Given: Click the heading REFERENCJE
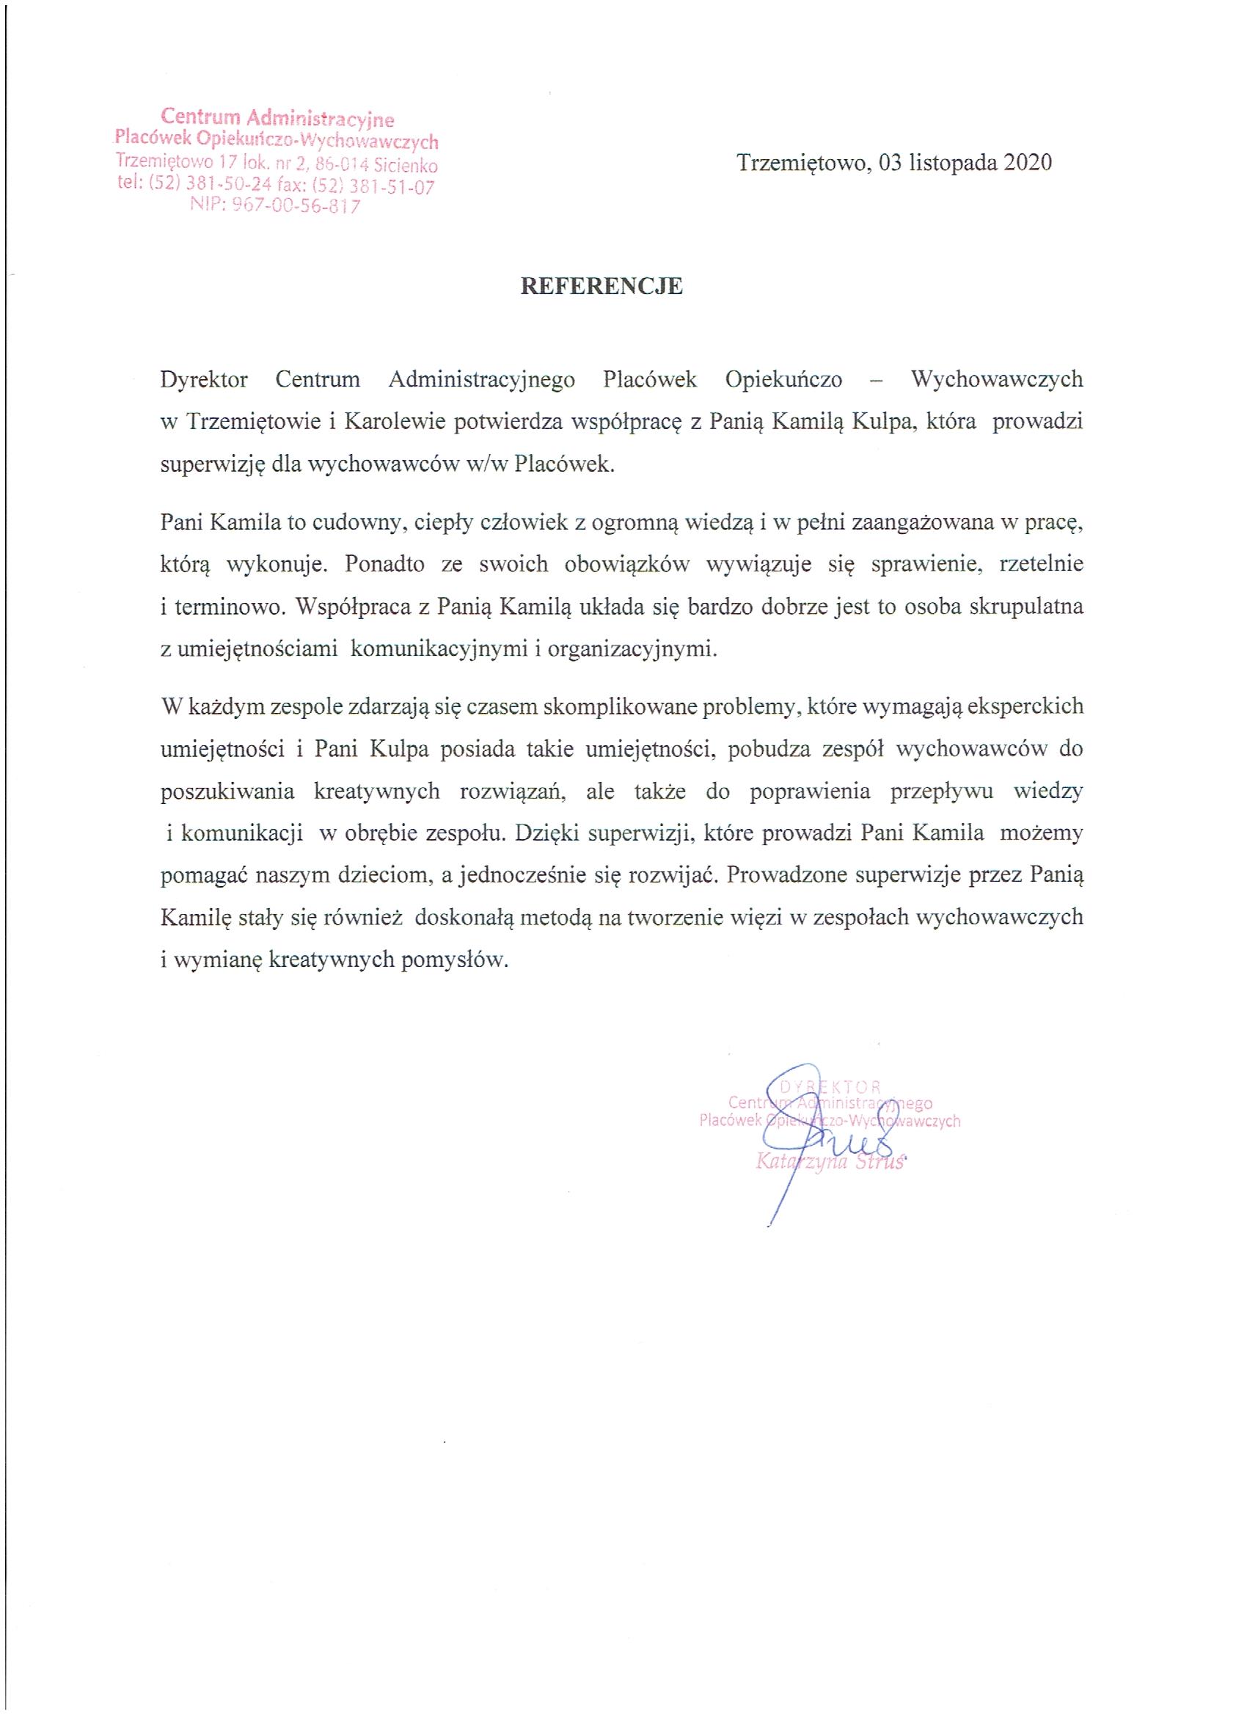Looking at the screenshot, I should (x=601, y=286).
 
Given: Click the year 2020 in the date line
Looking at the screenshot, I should (x=1028, y=163).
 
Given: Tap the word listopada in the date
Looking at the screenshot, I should (x=952, y=163).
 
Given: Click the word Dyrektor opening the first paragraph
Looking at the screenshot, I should (x=204, y=379).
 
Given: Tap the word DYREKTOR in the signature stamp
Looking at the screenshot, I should (x=830, y=1088).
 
